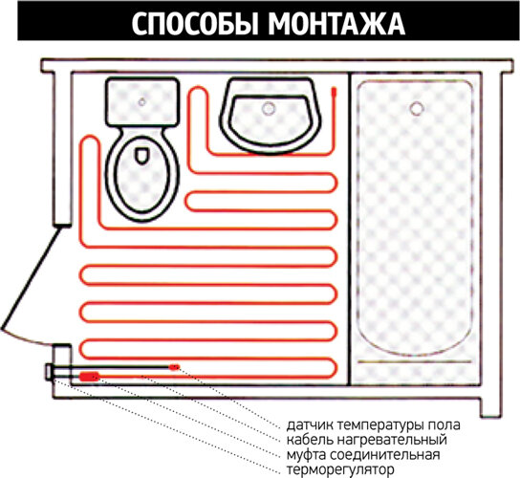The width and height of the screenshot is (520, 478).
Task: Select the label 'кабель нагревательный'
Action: pyautogui.click(x=366, y=439)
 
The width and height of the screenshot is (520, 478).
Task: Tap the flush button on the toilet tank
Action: pyautogui.click(x=141, y=100)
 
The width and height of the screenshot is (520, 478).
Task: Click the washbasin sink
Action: pyautogui.click(x=271, y=113)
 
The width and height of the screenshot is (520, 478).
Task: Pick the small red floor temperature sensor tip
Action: pyautogui.click(x=174, y=366)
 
